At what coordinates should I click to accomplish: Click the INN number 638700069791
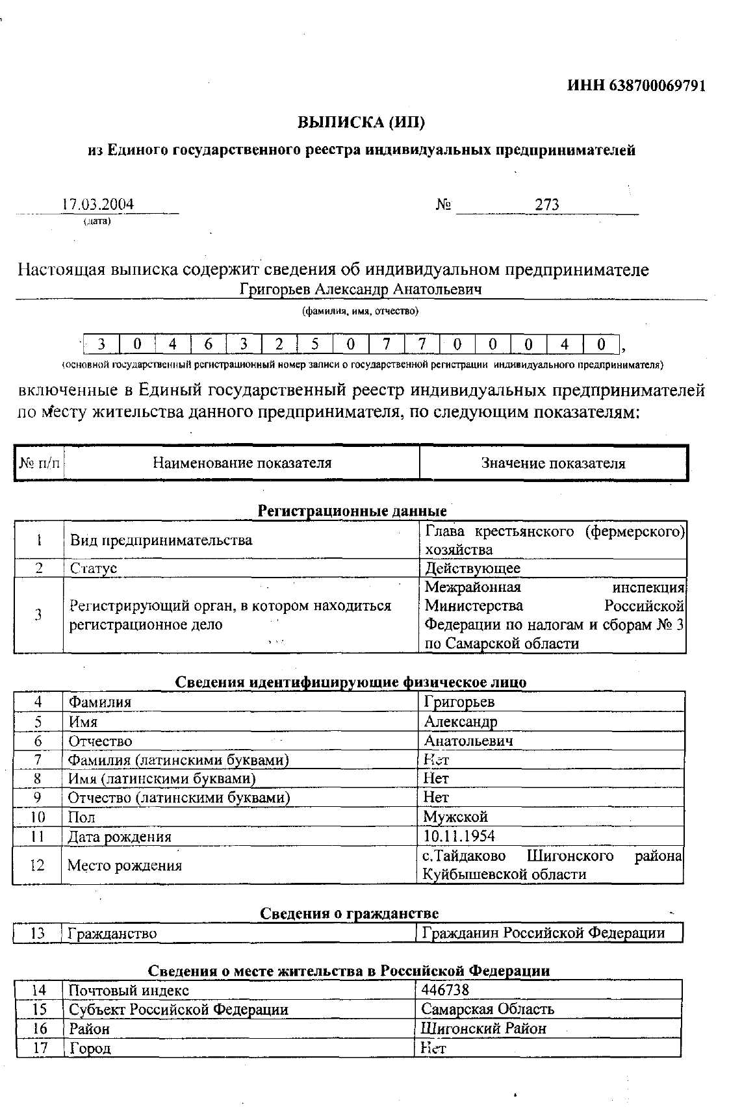click(x=658, y=86)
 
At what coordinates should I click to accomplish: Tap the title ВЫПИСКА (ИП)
click(x=361, y=122)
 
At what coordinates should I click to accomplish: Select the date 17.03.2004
click(x=98, y=204)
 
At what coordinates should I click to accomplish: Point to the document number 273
click(x=547, y=205)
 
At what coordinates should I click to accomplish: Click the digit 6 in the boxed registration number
click(x=209, y=344)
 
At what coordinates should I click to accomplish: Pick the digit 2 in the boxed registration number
click(x=279, y=344)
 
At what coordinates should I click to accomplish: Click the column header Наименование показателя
click(x=242, y=463)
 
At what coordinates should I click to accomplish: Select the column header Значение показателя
click(x=553, y=463)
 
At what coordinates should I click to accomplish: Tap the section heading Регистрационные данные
click(x=352, y=511)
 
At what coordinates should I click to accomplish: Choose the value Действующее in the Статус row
click(x=472, y=568)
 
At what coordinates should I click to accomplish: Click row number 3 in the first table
click(x=38, y=615)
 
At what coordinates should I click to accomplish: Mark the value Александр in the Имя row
click(x=461, y=722)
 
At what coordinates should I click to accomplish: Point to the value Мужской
click(x=455, y=817)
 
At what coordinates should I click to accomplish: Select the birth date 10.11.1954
click(x=459, y=836)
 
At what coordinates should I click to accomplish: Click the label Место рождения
click(x=125, y=865)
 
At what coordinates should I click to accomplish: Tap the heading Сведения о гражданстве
click(x=350, y=914)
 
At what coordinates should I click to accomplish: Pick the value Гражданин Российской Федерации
click(x=543, y=934)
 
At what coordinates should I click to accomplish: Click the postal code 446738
click(x=445, y=990)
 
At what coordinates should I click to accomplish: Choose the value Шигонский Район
click(x=483, y=1028)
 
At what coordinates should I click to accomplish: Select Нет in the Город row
click(x=433, y=1048)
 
